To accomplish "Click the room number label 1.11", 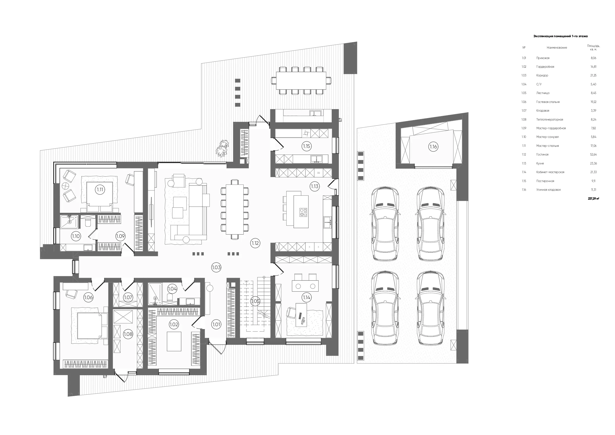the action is click(100, 189).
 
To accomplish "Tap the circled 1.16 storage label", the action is click(433, 147).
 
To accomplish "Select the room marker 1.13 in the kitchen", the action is click(315, 186).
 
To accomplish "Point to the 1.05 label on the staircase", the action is click(255, 301).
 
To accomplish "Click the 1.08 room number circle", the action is click(128, 334).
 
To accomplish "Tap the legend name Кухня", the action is click(540, 163).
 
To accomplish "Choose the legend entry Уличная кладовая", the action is click(548, 190).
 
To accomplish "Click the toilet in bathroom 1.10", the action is click(88, 222).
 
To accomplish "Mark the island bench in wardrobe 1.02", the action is click(174, 341).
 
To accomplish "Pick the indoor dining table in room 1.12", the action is click(235, 209).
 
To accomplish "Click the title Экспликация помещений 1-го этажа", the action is click(561, 36).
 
